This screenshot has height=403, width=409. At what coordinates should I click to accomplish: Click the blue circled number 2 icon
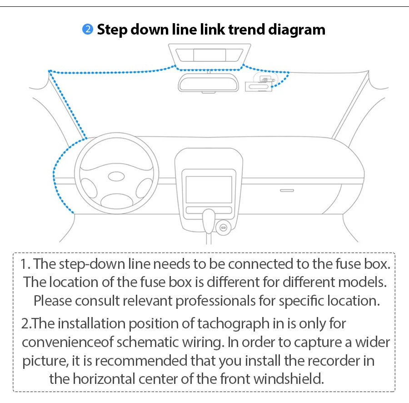(x=87, y=30)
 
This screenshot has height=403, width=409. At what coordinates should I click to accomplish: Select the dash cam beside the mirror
(x=258, y=86)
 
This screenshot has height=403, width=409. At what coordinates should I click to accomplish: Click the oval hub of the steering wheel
(x=116, y=176)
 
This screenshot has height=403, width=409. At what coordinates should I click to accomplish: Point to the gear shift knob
(x=209, y=218)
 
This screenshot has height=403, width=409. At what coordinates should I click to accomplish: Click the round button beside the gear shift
(x=223, y=226)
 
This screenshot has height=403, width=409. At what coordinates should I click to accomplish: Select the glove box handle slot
(x=287, y=190)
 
